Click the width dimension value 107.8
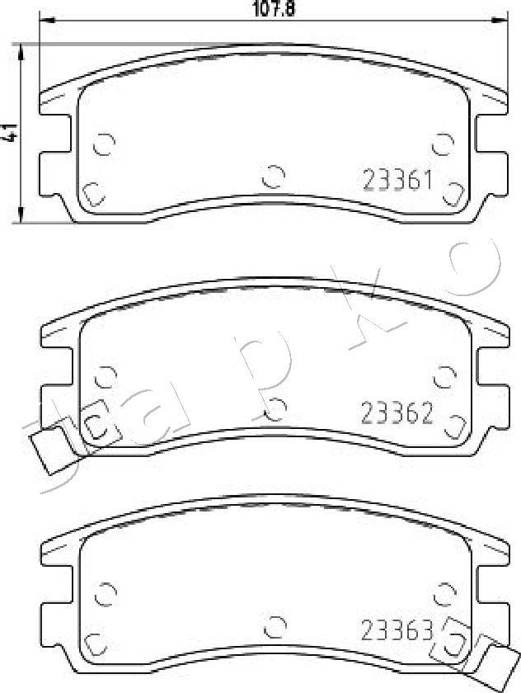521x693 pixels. (274, 8)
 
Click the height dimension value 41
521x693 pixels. (10, 132)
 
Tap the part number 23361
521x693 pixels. (397, 181)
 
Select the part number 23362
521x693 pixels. (397, 413)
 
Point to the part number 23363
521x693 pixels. (397, 629)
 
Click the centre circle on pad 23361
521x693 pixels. (274, 177)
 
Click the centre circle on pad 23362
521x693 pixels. (275, 409)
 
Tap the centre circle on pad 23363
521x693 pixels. (275, 627)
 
